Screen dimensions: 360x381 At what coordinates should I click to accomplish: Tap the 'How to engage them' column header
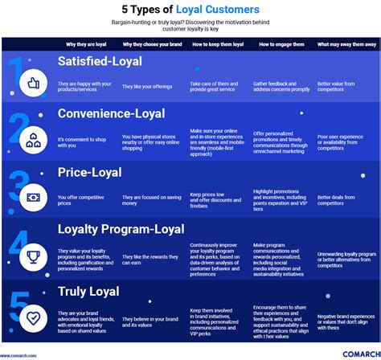pyautogui.click(x=277, y=44)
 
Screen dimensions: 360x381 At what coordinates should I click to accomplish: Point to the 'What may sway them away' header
pyautogui.click(x=346, y=44)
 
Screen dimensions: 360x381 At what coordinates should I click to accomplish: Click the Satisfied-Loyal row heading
pyautogui.click(x=100, y=61)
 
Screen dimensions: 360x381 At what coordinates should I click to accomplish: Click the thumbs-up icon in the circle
pyautogui.click(x=34, y=82)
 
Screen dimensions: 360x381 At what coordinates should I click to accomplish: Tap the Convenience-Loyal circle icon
pyautogui.click(x=34, y=140)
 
